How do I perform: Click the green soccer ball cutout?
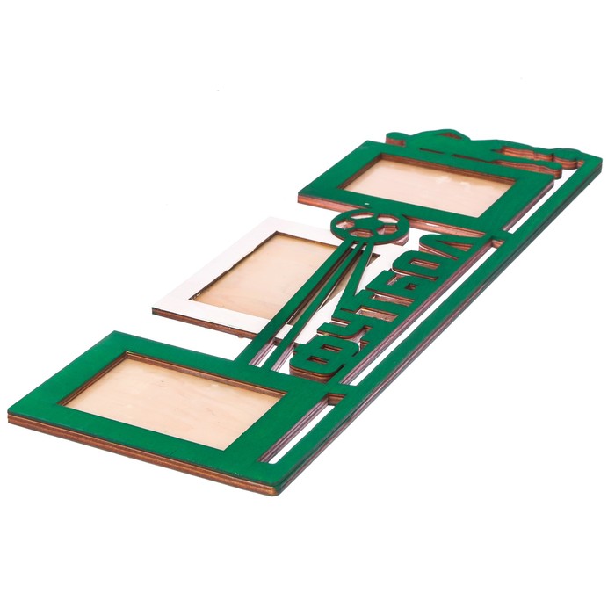point(370,228)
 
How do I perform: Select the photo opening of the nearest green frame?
point(172,401)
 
